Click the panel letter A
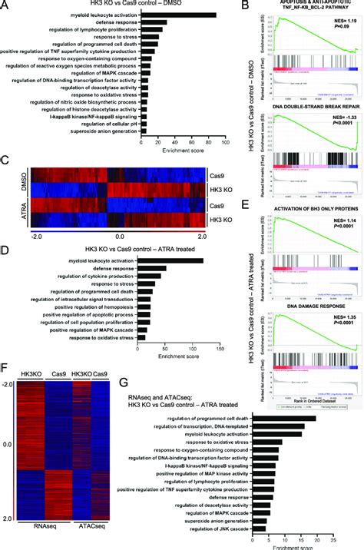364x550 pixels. coord(5,6)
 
